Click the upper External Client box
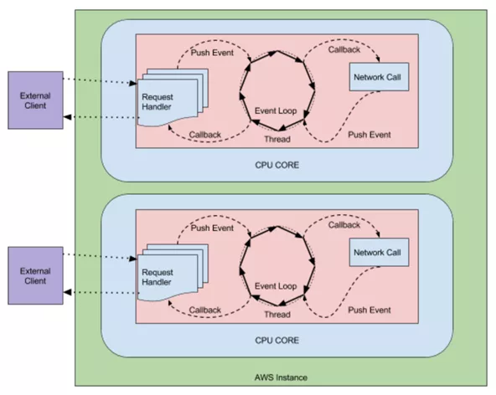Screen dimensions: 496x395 click(35, 100)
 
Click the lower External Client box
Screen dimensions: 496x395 click(35, 275)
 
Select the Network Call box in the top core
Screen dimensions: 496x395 click(379, 77)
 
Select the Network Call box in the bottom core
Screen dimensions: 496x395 click(379, 252)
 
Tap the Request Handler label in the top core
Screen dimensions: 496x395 click(158, 102)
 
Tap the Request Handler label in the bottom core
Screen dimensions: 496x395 click(158, 277)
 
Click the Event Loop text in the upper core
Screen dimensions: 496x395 click(276, 111)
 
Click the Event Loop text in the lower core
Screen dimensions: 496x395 click(276, 286)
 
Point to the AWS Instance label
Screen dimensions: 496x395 click(281, 377)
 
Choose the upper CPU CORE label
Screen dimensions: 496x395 click(276, 165)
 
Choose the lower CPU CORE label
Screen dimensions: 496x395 click(276, 341)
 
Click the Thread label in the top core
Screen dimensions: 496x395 click(277, 139)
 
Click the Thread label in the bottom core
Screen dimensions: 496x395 click(277, 315)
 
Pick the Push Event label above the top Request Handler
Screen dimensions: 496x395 click(212, 53)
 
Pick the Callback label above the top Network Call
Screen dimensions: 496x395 click(344, 49)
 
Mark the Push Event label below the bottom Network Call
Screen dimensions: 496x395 click(369, 310)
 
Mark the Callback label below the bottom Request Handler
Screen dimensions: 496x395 click(205, 310)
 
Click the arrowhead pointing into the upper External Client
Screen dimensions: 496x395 click(67, 117)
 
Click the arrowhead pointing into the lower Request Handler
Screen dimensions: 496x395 click(133, 259)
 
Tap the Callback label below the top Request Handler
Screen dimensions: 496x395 click(205, 135)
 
